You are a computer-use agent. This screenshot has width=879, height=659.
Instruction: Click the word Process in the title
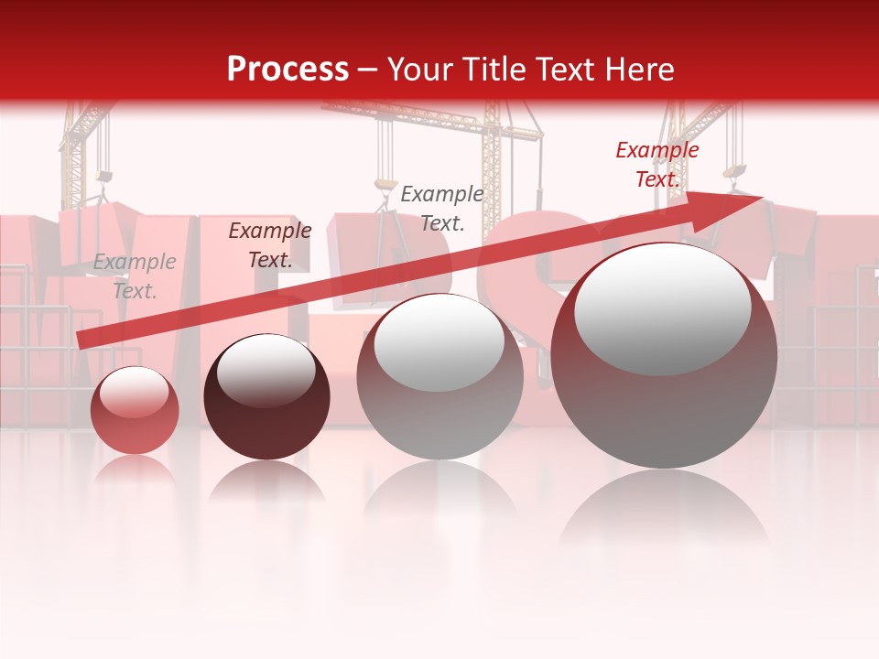pyautogui.click(x=288, y=70)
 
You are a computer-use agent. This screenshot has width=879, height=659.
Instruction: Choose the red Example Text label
pyautogui.click(x=657, y=165)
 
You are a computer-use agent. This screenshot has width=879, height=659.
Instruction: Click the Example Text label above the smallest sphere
pyautogui.click(x=135, y=276)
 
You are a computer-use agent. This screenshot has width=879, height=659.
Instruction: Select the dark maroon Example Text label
pyautogui.click(x=270, y=245)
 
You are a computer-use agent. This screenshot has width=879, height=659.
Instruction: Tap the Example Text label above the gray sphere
pyautogui.click(x=442, y=208)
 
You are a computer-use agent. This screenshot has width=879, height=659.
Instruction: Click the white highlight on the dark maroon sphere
pyautogui.click(x=266, y=371)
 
